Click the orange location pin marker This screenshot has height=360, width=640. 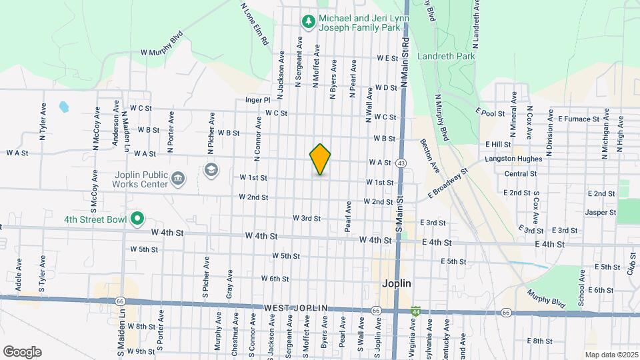320,159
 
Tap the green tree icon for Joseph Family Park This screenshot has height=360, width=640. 308,22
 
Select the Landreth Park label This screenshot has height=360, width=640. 446,57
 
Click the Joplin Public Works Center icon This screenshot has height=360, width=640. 178,178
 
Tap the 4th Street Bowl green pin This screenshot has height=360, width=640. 137,218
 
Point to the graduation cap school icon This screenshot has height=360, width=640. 211,170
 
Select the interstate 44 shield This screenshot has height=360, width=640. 415,311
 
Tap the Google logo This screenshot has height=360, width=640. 22,352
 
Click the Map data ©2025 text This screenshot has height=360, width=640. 611,354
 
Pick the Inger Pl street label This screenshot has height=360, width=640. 257,100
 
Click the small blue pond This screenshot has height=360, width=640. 63,106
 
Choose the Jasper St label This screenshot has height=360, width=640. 600,212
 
